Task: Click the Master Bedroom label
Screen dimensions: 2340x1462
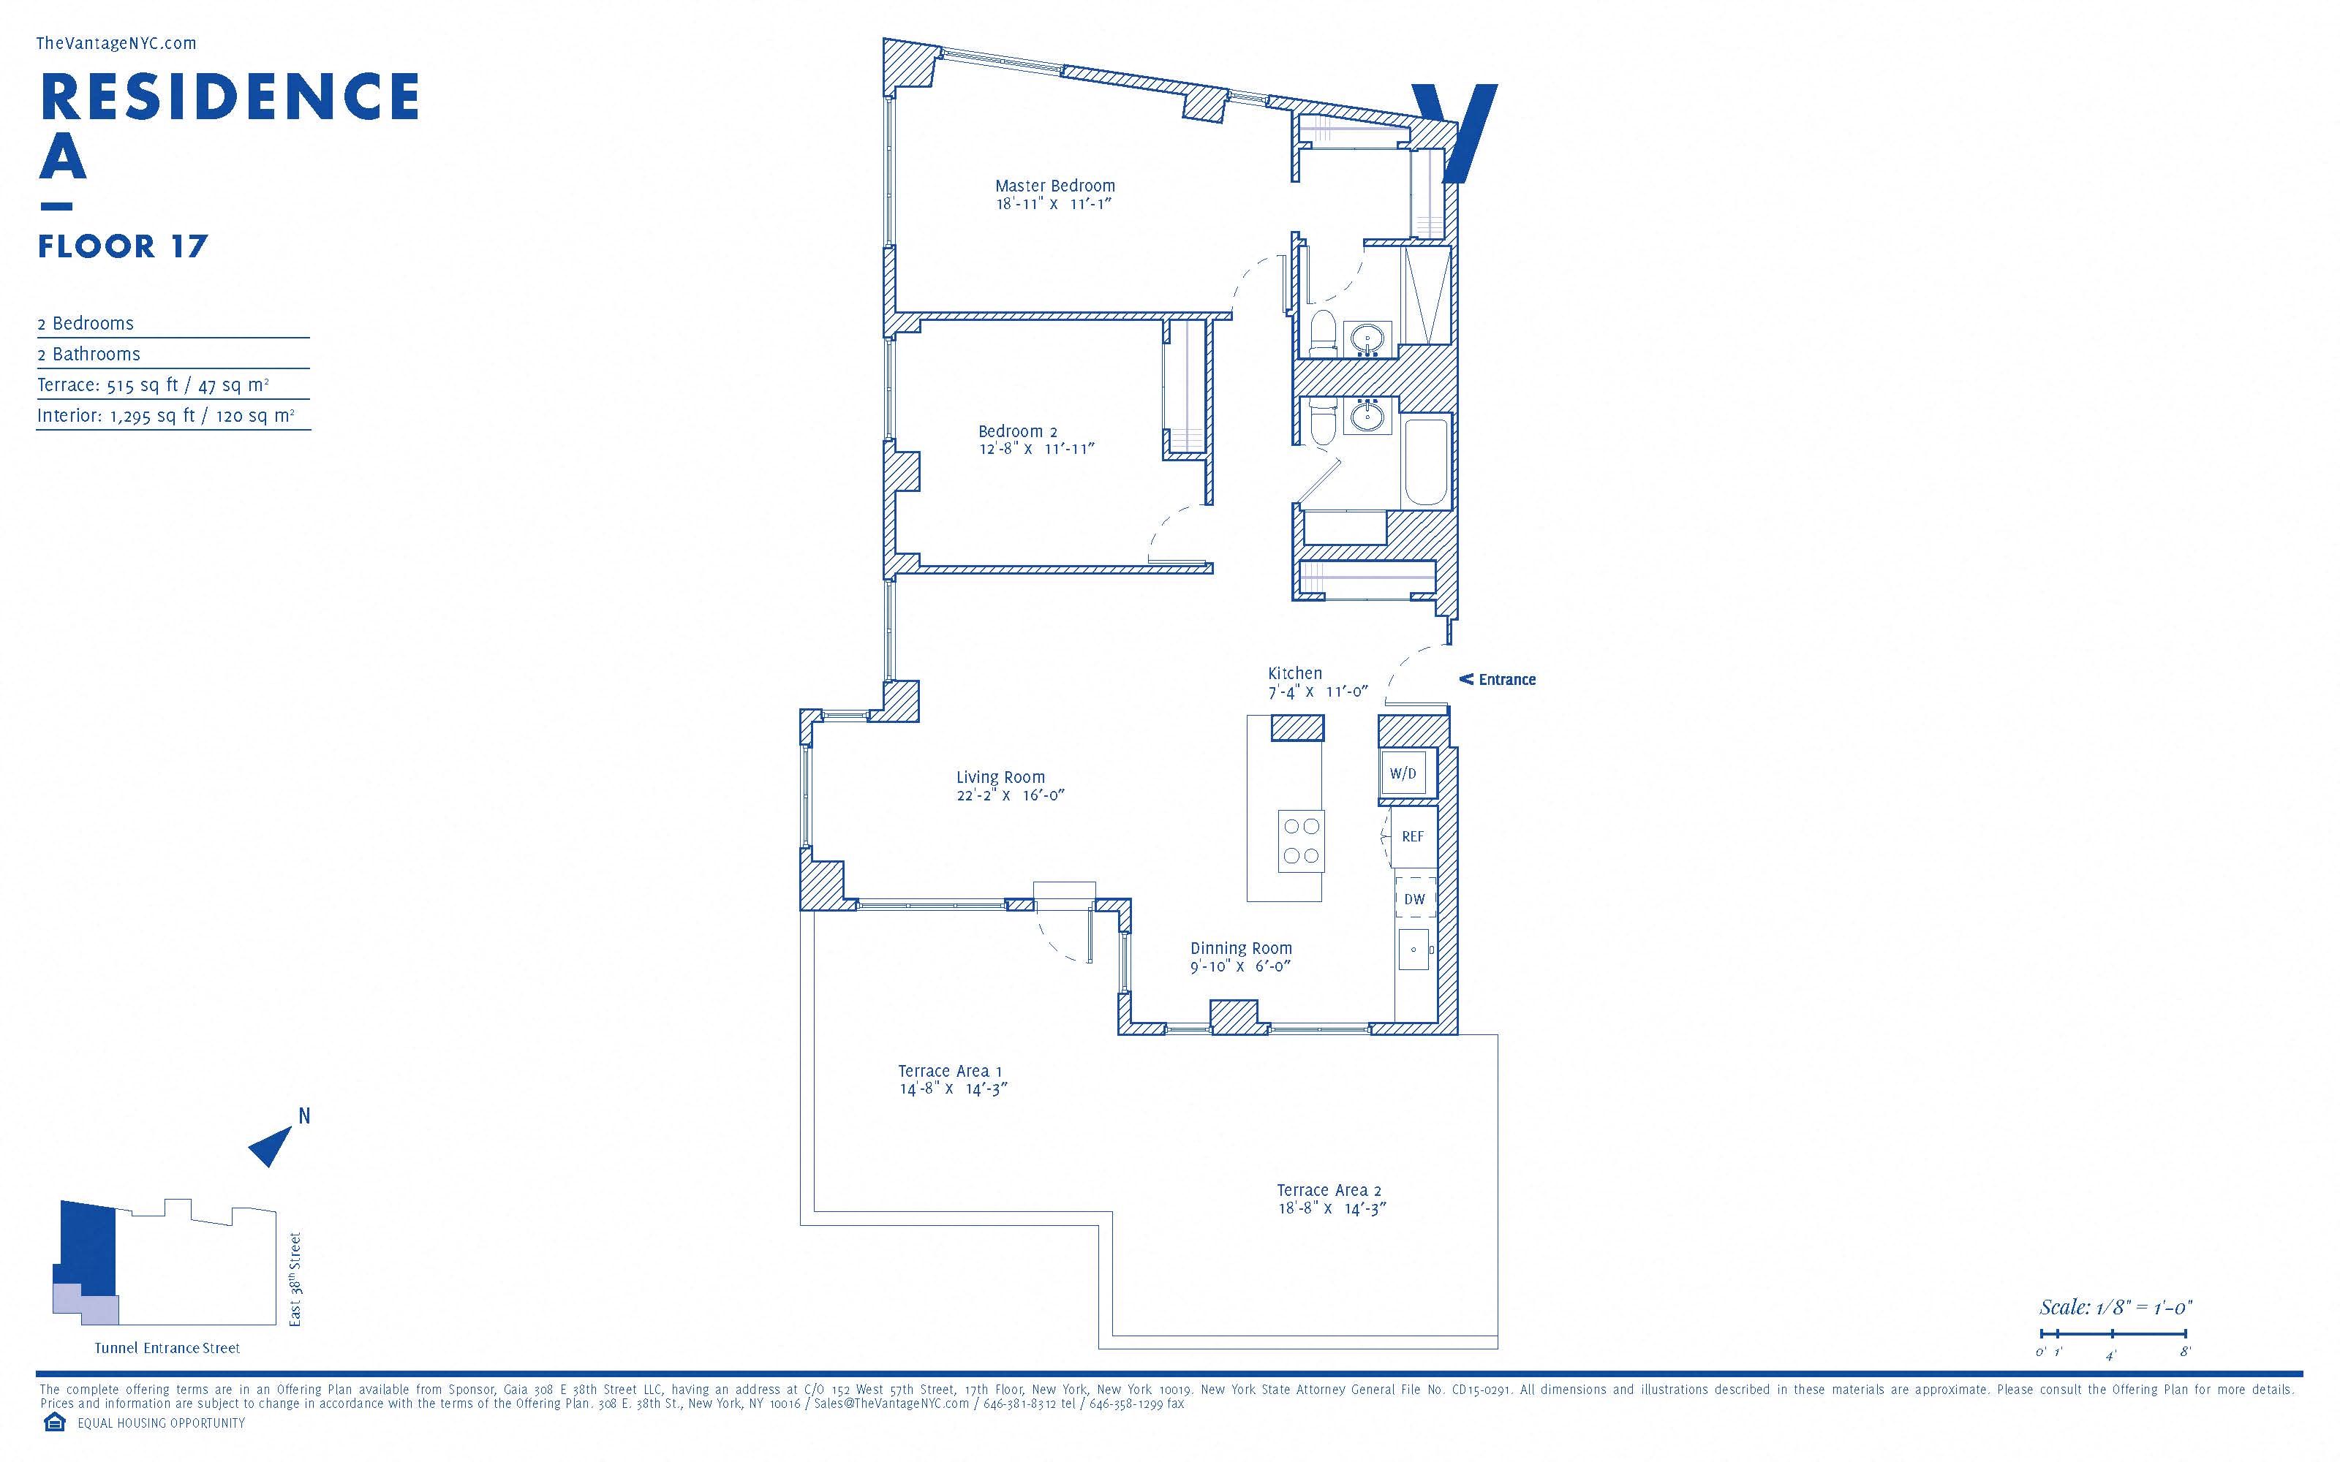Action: pyautogui.click(x=1055, y=186)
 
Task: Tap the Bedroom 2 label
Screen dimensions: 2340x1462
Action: pyautogui.click(x=1017, y=431)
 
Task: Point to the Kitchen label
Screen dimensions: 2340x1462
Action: pyautogui.click(x=1295, y=673)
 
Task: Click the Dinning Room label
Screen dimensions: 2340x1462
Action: pyautogui.click(x=1241, y=949)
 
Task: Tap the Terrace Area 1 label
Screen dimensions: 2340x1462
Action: pyautogui.click(x=950, y=1072)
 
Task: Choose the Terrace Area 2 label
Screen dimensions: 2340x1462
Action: pyautogui.click(x=1329, y=1190)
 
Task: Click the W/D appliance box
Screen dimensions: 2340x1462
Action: pyautogui.click(x=1403, y=773)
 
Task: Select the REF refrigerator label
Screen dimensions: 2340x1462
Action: pyautogui.click(x=1413, y=836)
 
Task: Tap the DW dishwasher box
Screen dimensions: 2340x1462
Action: pyautogui.click(x=1415, y=899)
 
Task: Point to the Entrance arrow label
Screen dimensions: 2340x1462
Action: pyautogui.click(x=1497, y=680)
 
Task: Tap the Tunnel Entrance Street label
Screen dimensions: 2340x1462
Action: pyautogui.click(x=167, y=1348)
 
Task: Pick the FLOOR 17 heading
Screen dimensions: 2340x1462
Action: pyautogui.click(x=123, y=246)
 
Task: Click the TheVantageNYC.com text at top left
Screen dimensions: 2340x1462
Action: pyautogui.click(x=116, y=44)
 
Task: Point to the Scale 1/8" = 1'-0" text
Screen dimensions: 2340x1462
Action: pyautogui.click(x=2116, y=1307)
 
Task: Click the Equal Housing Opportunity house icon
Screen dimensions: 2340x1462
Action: pyautogui.click(x=54, y=1423)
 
